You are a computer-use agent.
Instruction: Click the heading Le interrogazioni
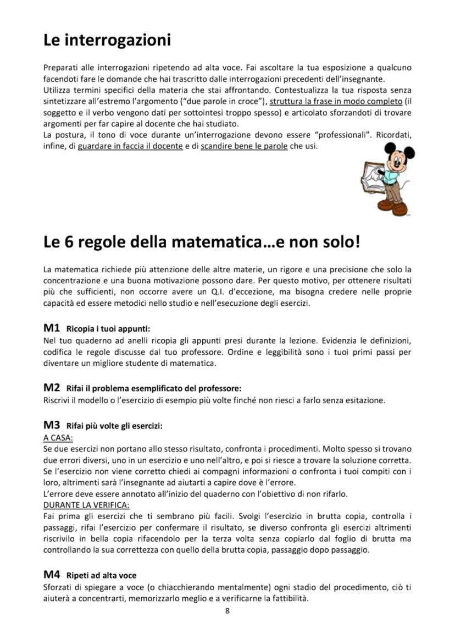pos(107,40)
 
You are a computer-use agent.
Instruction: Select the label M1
pos(52,328)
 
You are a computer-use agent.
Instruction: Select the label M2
pos(52,388)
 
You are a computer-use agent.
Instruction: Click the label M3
pos(52,425)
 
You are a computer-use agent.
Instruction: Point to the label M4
pos(52,575)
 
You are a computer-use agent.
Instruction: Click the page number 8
pos(227,611)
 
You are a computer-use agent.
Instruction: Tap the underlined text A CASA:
pos(58,438)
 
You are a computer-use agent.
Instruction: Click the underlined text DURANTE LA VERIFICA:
pos(86,504)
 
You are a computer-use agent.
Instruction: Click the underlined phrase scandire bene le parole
pos(244,146)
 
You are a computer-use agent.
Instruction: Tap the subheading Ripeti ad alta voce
pos(101,576)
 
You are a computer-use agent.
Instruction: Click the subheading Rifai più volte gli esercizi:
pos(114,426)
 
